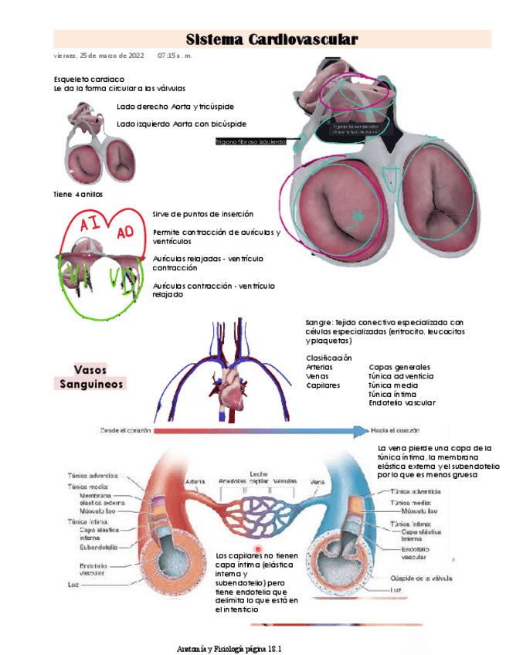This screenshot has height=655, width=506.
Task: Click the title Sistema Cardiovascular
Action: coord(272,39)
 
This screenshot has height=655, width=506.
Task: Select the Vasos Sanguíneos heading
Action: coord(90,376)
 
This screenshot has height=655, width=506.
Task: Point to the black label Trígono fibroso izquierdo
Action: coord(250,142)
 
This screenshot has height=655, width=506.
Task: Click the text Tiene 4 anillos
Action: coord(77,194)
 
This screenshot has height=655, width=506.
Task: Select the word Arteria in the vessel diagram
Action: coord(195,482)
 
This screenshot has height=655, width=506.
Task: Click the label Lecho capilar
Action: coord(258,477)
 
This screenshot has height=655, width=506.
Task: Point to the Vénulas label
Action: coord(285,481)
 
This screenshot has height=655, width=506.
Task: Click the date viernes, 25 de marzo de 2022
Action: coord(99,56)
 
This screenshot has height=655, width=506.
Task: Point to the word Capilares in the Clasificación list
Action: coord(323,385)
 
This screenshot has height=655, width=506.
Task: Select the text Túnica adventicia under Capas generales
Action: coord(401,376)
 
